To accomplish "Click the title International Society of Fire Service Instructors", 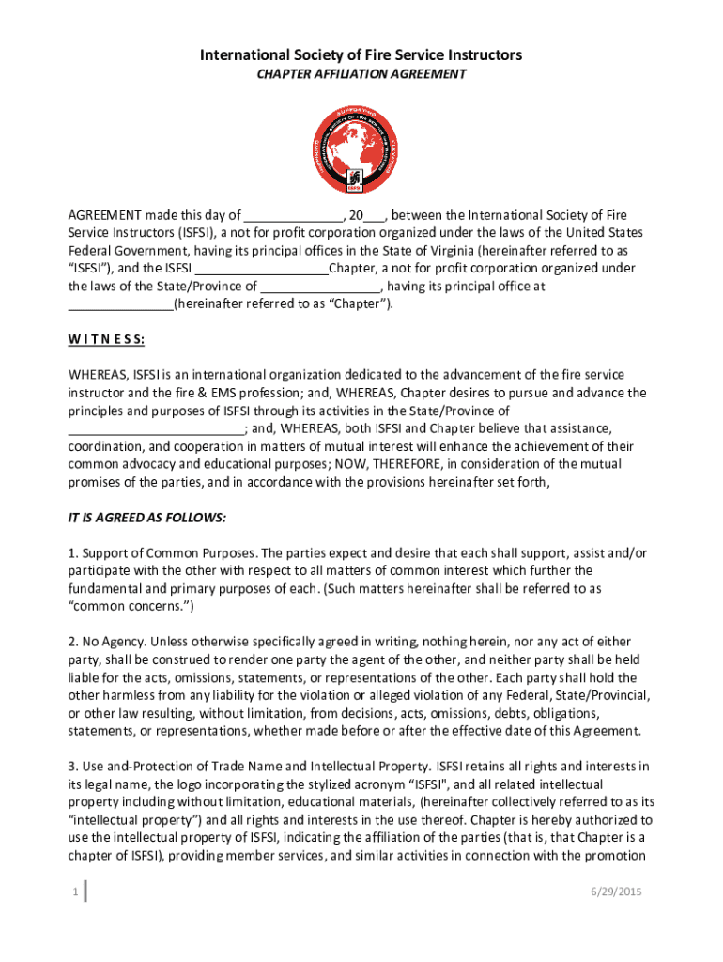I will coord(361,56).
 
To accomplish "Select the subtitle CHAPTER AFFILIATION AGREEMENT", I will coord(361,75).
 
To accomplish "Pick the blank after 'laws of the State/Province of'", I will coord(320,287).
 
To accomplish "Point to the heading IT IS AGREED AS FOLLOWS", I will coord(146,518).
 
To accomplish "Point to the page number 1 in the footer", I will coord(74,892).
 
